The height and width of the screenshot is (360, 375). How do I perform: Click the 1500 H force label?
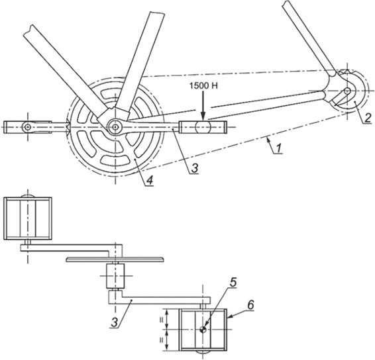(203, 86)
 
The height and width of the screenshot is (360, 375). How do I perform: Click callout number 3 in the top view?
(195, 168)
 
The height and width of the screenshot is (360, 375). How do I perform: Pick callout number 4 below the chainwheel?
(149, 180)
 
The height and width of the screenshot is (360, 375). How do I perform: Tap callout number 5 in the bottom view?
(233, 282)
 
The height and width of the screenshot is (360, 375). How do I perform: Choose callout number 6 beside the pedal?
(250, 305)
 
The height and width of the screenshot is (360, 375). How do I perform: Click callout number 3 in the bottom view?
(115, 323)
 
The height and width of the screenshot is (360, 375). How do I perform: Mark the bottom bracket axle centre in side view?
(115, 127)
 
